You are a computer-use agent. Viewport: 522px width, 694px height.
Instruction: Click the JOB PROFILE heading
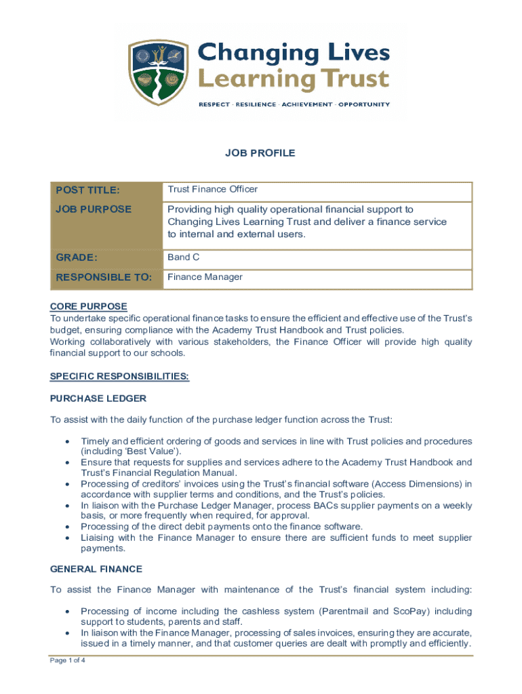coord(260,153)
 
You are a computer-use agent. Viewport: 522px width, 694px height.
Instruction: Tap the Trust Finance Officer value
coord(213,190)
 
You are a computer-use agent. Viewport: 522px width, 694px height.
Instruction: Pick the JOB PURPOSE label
coord(94,209)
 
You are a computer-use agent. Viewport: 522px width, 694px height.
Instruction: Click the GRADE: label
coord(77,258)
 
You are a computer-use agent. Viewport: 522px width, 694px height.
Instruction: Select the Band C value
coord(184,258)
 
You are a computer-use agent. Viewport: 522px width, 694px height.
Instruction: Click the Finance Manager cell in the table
coord(205,277)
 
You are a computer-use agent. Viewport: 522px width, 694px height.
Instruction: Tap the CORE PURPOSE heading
coord(88,306)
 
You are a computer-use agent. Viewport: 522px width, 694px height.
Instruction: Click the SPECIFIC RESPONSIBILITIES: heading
coord(119,376)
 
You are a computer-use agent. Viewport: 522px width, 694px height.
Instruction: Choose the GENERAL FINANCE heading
coord(96,569)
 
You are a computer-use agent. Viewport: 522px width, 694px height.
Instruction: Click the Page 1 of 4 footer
coord(66,660)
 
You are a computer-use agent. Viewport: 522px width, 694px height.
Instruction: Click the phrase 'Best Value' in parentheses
coord(122,451)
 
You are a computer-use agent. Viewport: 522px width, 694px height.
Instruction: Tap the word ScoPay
coord(409,611)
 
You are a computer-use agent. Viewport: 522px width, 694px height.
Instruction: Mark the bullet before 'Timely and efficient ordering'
coord(66,441)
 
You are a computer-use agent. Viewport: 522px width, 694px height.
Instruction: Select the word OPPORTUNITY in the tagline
coord(364,104)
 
